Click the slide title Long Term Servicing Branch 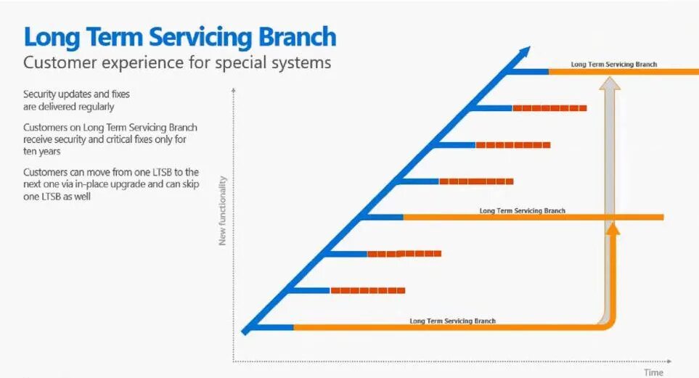(179, 36)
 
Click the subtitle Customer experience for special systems (177, 62)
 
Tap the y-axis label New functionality (223, 210)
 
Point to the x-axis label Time (653, 372)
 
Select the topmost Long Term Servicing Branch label (613, 65)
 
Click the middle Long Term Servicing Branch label (522, 211)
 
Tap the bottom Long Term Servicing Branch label (452, 321)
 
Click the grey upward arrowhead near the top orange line (612, 82)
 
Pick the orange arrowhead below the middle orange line (613, 229)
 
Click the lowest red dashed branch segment (367, 290)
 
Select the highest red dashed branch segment (549, 108)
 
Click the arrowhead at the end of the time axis (668, 361)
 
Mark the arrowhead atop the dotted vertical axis (233, 89)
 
